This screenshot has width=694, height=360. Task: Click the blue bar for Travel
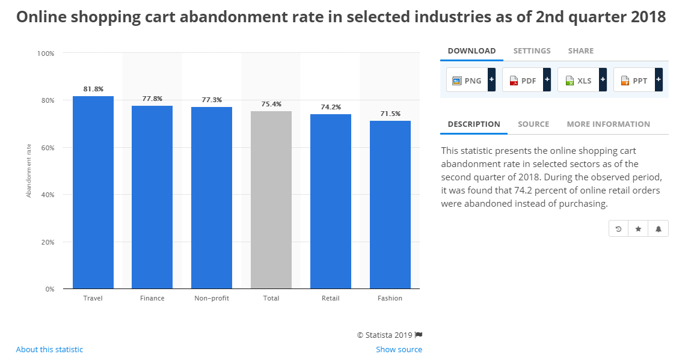click(x=93, y=192)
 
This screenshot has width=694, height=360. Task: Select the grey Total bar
click(x=271, y=200)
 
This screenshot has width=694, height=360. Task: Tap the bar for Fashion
click(x=390, y=204)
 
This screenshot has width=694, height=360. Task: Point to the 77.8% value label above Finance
click(x=152, y=99)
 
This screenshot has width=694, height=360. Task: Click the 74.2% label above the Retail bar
click(x=331, y=107)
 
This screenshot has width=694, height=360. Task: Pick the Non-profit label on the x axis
click(x=212, y=298)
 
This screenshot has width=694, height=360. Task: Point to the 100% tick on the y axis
click(x=45, y=53)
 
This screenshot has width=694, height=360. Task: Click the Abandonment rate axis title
click(x=28, y=171)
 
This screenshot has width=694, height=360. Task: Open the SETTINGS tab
click(x=532, y=51)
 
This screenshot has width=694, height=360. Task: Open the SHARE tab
click(x=580, y=51)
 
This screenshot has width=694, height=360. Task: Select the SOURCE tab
click(x=533, y=124)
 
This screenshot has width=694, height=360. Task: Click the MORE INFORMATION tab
click(x=608, y=124)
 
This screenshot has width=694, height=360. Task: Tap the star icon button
click(x=638, y=229)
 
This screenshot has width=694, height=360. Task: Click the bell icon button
click(x=659, y=229)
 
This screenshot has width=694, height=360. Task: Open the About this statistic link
click(x=49, y=350)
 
